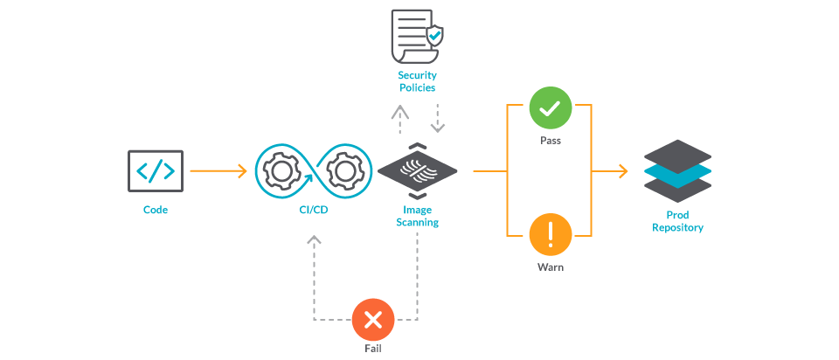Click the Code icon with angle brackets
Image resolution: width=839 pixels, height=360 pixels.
[156, 171]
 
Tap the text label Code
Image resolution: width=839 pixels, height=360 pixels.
[156, 210]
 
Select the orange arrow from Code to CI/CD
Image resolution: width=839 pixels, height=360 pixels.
[218, 171]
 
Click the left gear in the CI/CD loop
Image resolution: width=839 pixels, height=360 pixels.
[281, 170]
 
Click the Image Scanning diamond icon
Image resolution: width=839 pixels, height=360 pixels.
[418, 171]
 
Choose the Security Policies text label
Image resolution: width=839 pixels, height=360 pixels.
[416, 81]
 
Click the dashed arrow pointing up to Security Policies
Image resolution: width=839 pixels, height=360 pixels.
[399, 120]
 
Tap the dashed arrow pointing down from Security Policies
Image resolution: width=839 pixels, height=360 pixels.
[438, 120]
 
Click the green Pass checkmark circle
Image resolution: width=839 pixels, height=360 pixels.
[550, 108]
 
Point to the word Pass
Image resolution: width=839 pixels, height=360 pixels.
[550, 140]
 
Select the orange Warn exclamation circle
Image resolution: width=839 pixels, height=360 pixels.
[550, 234]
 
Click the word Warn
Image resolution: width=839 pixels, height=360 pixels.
[550, 267]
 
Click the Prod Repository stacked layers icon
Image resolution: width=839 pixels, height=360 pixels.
[677, 171]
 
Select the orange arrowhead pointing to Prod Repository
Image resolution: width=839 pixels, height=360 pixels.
[622, 171]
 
